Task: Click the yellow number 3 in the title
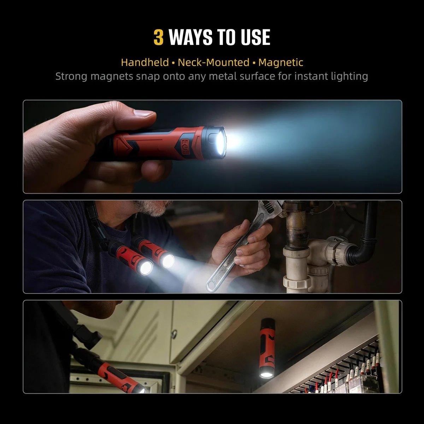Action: tap(158, 37)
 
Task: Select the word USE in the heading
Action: tap(255, 37)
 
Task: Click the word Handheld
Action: tap(145, 63)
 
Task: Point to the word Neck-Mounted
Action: tap(213, 63)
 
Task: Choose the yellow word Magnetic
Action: tap(281, 63)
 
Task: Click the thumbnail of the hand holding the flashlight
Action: tap(212, 147)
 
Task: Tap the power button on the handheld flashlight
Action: tap(184, 143)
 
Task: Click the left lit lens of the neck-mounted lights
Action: tap(146, 268)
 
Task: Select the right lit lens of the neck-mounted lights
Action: tap(168, 261)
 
